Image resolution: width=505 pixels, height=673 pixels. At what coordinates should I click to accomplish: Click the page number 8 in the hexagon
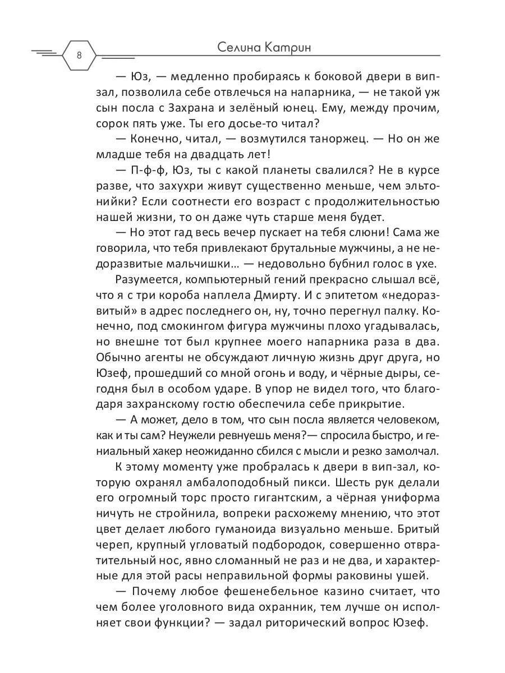[x=79, y=55]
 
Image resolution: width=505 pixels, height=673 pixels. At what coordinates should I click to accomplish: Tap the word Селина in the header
[x=241, y=48]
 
